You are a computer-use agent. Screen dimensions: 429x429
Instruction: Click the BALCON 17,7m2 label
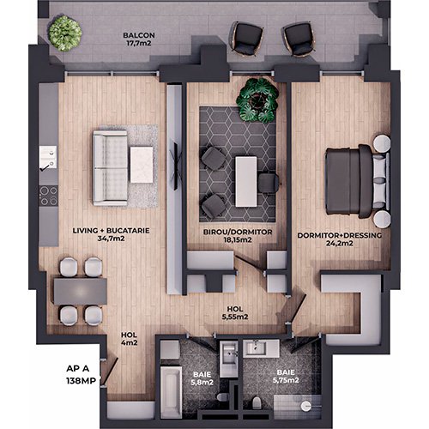139,39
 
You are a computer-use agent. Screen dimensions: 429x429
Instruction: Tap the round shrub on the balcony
65,33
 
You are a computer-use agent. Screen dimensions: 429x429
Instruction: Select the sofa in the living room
110,168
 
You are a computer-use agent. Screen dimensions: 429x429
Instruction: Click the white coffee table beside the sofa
142,165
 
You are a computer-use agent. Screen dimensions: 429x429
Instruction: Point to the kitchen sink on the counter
48,157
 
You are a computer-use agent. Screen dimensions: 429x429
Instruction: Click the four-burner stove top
49,196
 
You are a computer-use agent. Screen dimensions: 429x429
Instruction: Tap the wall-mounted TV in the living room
177,166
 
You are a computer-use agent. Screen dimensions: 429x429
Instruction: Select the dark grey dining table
81,291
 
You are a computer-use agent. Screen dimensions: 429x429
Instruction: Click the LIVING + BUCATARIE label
111,231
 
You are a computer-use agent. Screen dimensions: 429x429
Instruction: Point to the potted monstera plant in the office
257,100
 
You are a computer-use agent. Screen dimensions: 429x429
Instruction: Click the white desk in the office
246,182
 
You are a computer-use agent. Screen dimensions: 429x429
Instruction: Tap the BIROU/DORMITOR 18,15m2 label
238,236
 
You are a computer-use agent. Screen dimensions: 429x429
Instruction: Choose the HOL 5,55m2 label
235,313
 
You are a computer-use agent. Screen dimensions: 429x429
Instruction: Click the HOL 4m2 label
129,339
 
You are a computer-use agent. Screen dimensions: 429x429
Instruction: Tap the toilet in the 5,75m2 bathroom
257,402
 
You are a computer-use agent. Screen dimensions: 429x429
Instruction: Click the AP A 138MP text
81,375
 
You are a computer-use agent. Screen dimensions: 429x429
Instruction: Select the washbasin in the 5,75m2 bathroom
261,348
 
